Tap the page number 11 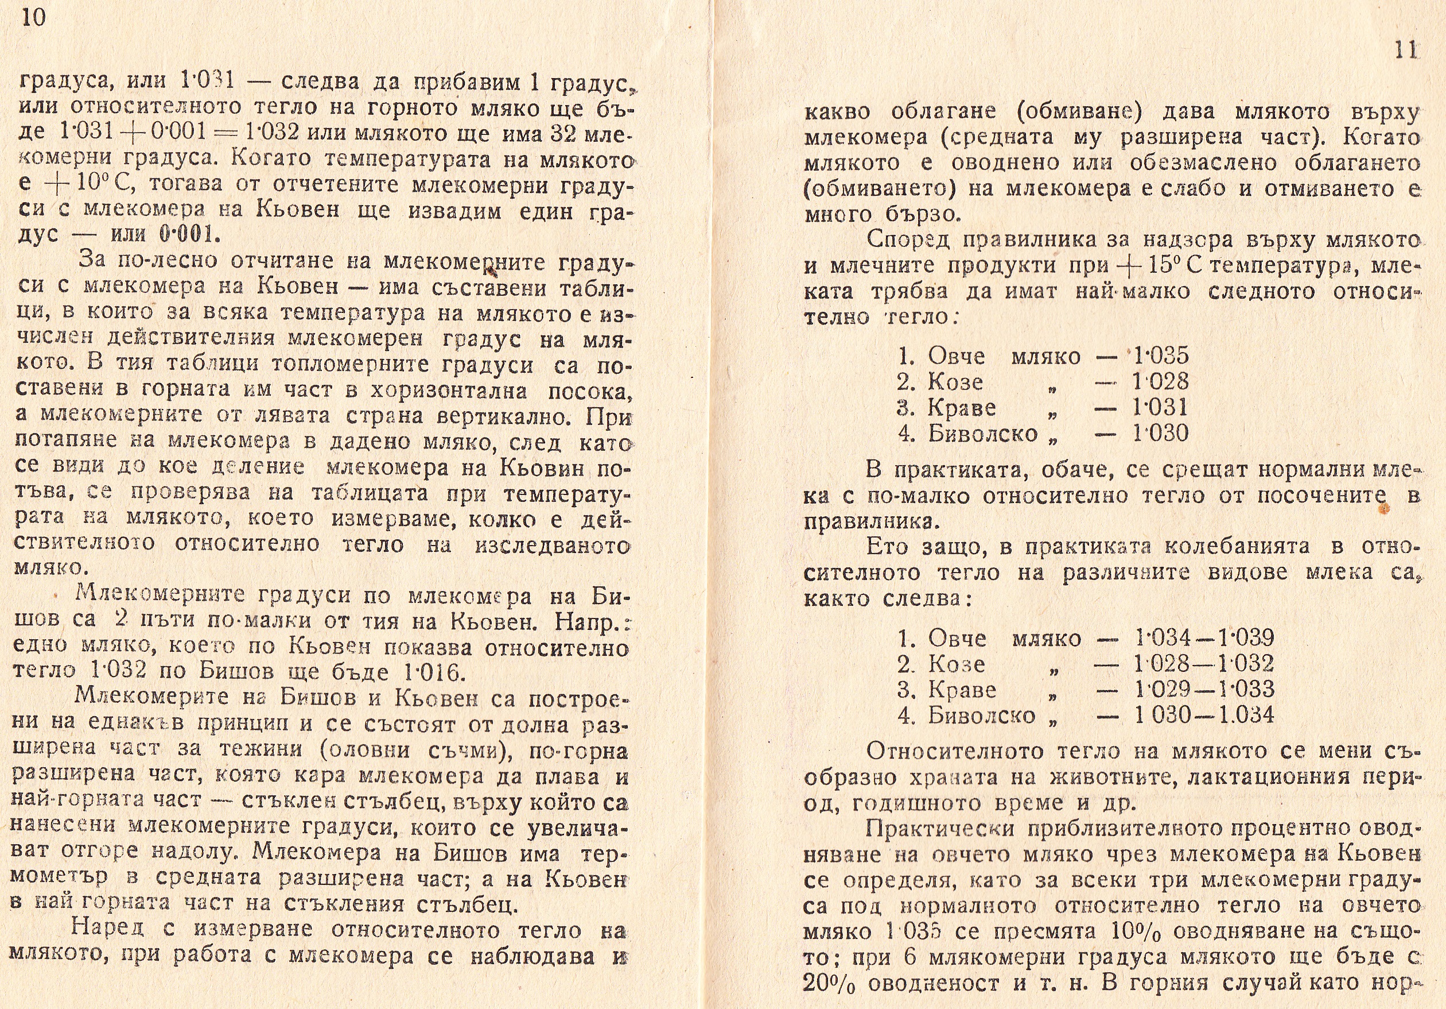[1405, 51]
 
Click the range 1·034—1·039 [1203, 638]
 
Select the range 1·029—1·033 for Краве [1203, 690]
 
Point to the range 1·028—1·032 [1203, 664]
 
